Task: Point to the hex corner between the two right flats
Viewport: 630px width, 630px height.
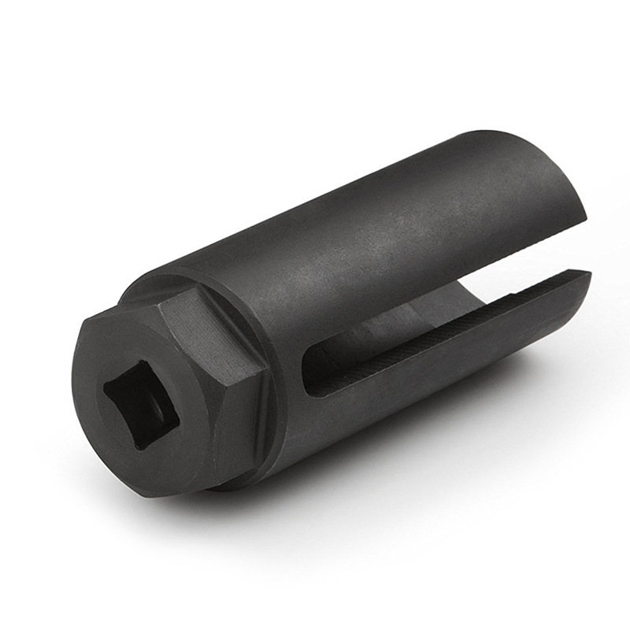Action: pos(265,370)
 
